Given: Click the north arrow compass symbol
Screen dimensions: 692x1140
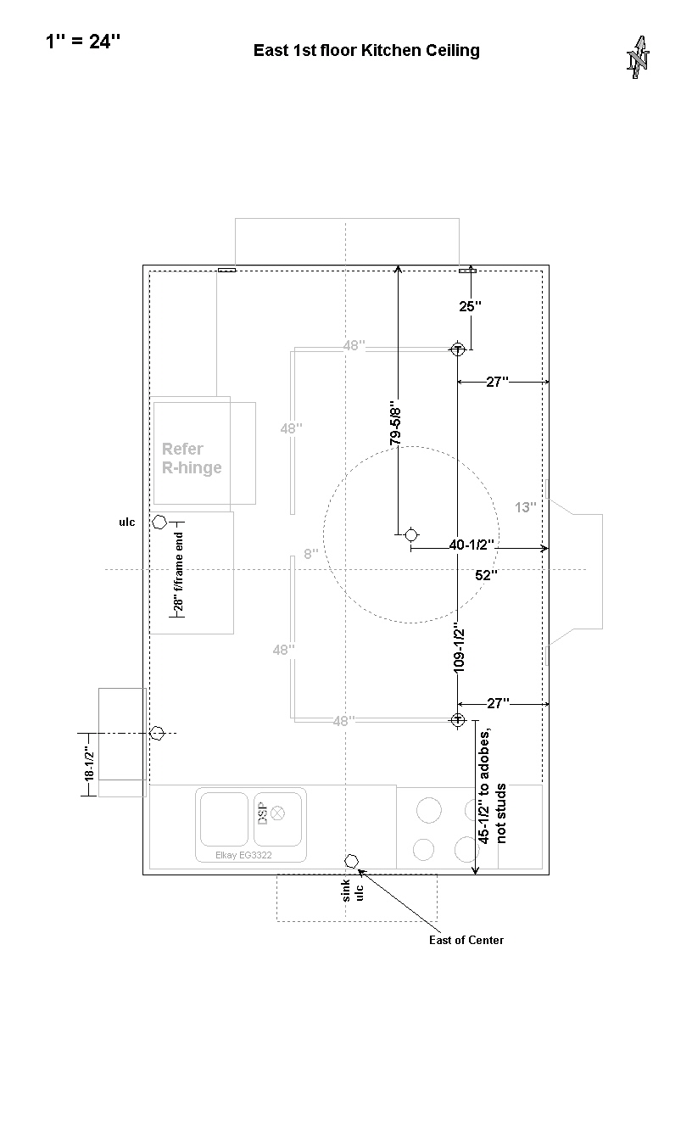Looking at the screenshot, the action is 638,57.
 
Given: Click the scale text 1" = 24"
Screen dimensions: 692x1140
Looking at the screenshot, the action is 83,42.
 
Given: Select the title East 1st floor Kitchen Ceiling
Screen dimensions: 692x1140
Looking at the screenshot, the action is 366,50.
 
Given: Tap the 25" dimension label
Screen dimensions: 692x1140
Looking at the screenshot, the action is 470,306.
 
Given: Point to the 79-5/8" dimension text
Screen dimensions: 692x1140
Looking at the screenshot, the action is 395,426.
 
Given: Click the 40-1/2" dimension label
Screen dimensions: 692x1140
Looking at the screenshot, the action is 472,545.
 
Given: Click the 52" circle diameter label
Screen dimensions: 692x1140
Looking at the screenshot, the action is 486,575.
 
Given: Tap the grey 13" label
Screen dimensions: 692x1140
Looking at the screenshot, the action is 525,507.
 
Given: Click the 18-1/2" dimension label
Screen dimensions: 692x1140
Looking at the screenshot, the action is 89,763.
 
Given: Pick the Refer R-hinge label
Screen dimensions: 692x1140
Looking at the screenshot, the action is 192,458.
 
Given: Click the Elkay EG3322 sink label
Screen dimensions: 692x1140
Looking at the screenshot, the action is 243,855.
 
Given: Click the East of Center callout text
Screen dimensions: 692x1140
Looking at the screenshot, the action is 466,940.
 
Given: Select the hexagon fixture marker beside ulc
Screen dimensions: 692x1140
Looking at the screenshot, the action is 159,522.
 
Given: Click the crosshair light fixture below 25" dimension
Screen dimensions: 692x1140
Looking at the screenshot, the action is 457,349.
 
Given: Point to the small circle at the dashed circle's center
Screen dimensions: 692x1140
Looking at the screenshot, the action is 411,535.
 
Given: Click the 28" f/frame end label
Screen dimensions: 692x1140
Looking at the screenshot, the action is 178,572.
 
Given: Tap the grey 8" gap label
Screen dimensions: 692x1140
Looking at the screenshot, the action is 311,554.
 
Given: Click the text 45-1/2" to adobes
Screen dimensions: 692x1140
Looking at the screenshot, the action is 484,786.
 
